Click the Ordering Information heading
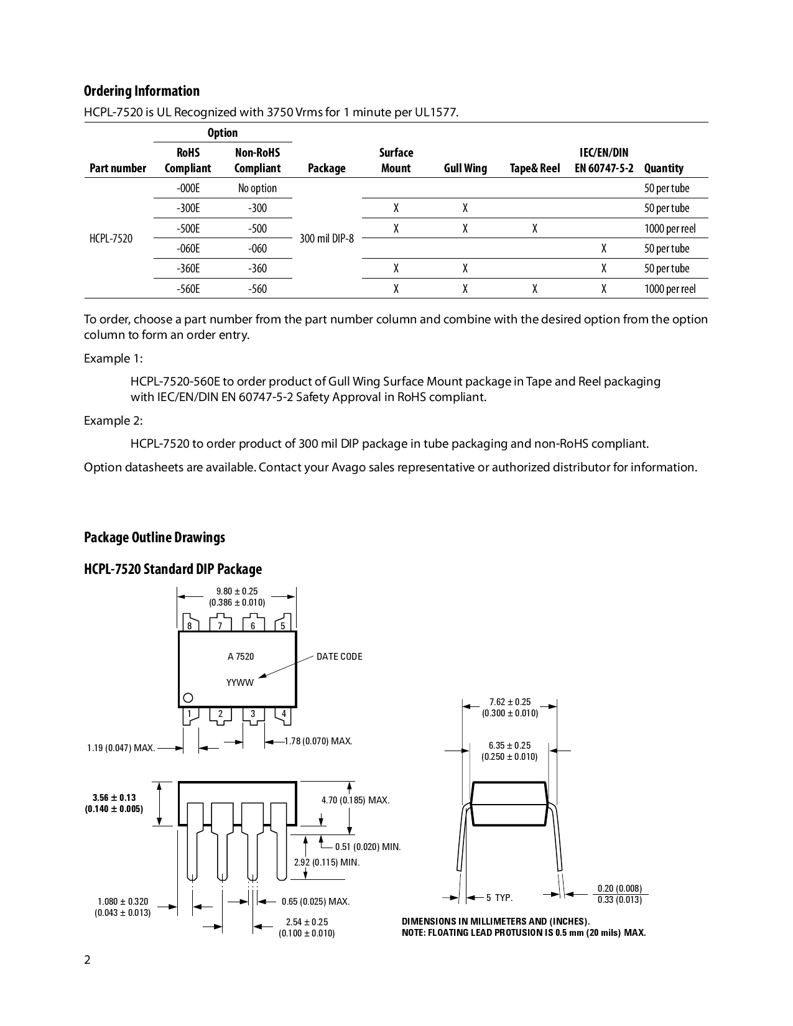tap(142, 91)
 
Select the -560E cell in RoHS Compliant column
tap(188, 289)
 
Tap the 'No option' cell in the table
tap(257, 188)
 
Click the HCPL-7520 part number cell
tap(111, 238)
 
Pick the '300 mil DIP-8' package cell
tap(327, 238)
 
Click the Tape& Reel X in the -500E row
tap(534, 228)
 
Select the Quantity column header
tap(664, 168)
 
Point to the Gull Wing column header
tap(465, 168)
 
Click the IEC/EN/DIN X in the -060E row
tap(603, 248)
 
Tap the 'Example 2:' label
tap(113, 421)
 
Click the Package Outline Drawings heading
tap(154, 537)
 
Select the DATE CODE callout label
tap(339, 657)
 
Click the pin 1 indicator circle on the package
tap(188, 697)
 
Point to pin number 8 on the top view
tap(190, 626)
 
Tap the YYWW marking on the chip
tap(240, 683)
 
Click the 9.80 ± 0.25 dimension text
tap(237, 591)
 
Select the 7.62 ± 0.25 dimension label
tap(510, 702)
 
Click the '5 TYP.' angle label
tap(499, 898)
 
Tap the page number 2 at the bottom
tap(87, 960)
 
